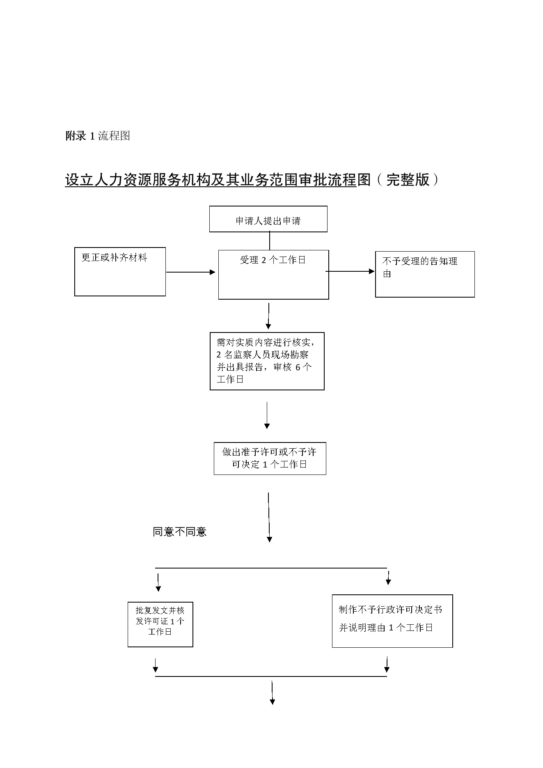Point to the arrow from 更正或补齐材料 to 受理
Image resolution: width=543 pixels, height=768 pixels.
coord(191,272)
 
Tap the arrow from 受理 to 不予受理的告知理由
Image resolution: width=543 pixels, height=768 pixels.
coord(350,271)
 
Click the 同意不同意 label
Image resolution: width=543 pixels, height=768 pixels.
coord(179,532)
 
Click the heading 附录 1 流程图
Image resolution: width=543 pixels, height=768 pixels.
coord(98,136)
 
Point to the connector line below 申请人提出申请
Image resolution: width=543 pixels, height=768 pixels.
coord(270,241)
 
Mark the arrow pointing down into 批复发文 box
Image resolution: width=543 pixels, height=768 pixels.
coord(158,582)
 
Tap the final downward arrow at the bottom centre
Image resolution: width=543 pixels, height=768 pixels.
coord(272,693)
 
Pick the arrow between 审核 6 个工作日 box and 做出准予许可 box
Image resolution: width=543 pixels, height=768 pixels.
coord(267,415)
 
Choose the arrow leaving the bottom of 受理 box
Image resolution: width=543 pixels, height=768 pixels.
coord(268,316)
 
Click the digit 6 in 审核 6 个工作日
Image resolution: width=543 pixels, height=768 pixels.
coord(298,367)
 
